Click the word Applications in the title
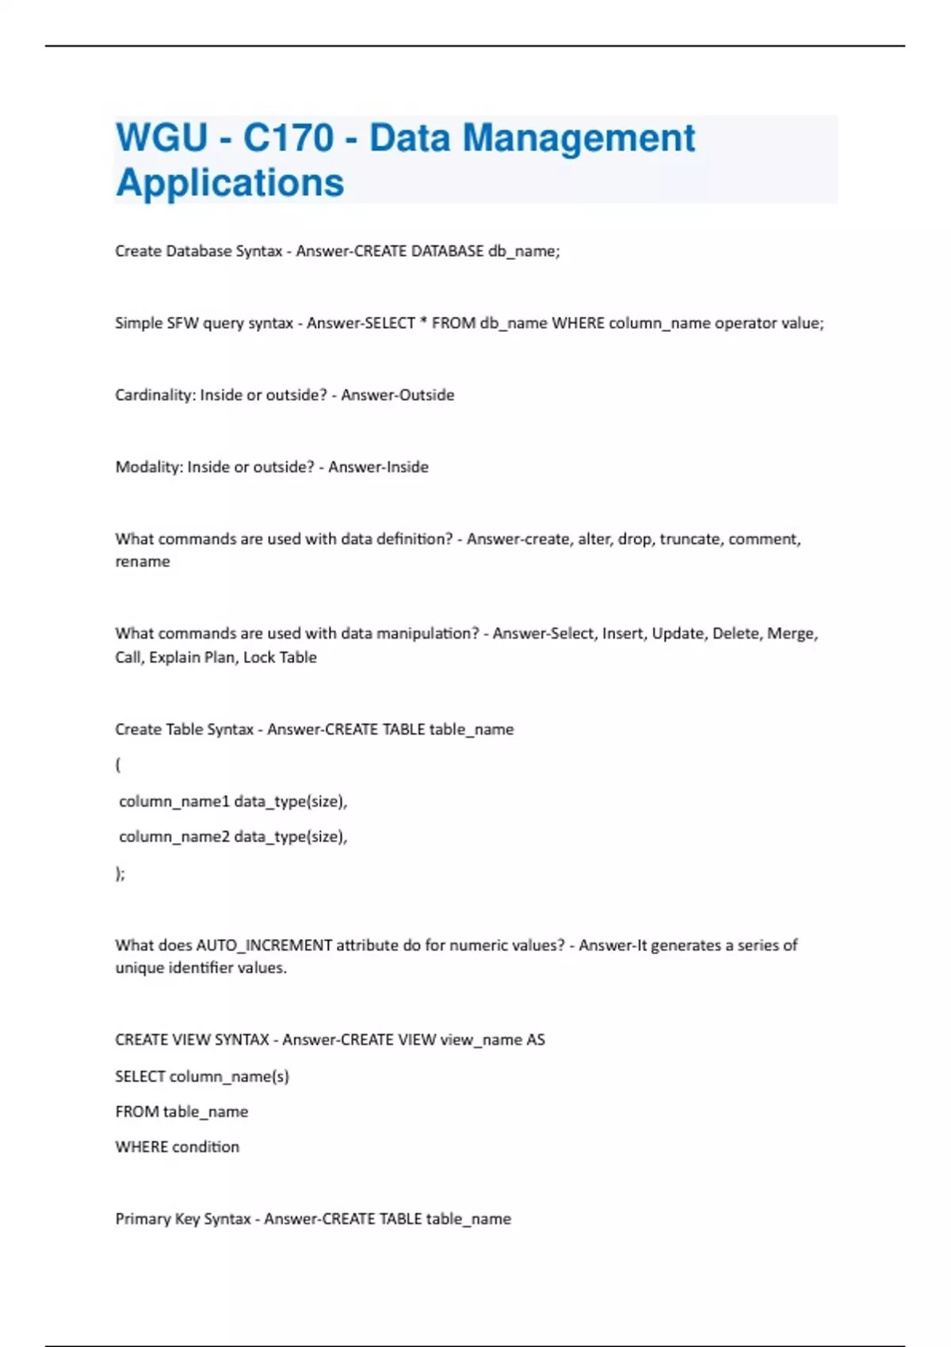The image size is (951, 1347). [230, 182]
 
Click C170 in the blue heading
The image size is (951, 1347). [288, 138]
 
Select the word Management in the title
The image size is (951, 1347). [579, 138]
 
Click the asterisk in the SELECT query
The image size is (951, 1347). [423, 322]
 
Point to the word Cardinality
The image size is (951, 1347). [155, 395]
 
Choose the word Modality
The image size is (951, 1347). [148, 467]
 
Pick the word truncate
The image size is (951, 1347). [690, 539]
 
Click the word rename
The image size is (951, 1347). [143, 562]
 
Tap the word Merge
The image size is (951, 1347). [792, 633]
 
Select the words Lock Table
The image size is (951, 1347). [280, 657]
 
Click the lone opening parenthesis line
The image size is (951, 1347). [118, 765]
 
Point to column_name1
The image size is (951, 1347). [174, 801]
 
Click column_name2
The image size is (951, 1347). [174, 837]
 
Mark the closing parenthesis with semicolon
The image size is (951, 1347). [120, 873]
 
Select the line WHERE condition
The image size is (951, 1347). [177, 1147]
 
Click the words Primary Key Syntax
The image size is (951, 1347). [183, 1219]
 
